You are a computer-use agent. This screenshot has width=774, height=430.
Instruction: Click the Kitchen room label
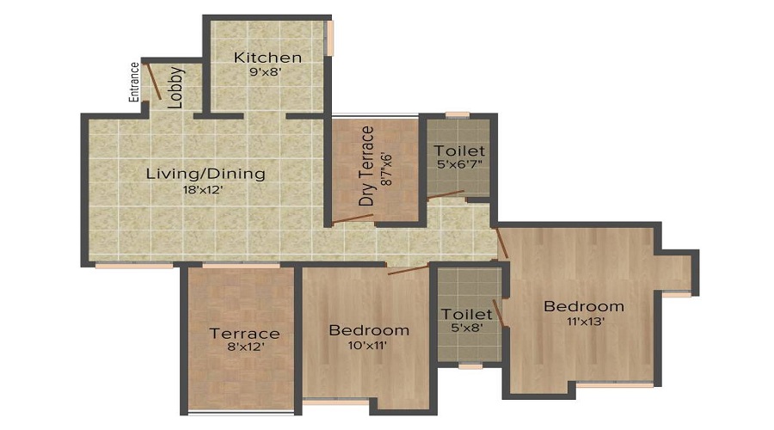tap(267, 58)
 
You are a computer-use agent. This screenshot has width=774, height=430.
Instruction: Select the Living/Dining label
tap(206, 174)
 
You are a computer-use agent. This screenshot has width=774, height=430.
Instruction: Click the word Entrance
tap(135, 83)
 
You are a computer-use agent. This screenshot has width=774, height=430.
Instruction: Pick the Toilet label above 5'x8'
tap(466, 314)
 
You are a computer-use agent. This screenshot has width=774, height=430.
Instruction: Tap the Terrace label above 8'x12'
tap(245, 334)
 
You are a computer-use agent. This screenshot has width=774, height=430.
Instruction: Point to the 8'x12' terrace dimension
tap(245, 348)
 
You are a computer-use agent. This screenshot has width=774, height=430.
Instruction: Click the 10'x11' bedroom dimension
tap(369, 345)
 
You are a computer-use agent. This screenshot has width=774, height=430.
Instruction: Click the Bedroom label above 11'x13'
tap(583, 306)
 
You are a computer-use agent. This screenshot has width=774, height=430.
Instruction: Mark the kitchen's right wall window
tap(329, 39)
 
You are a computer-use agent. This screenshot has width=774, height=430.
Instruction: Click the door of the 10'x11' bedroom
tap(408, 269)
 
